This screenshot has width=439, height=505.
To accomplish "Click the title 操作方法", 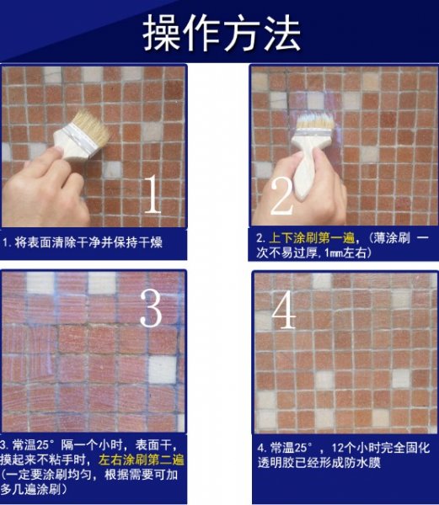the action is coord(222,33).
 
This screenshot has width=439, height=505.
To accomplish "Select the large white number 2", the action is coord(281,196).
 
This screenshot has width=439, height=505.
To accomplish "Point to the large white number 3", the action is coord(151,308).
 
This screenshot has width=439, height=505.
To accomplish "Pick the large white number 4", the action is coord(284,310).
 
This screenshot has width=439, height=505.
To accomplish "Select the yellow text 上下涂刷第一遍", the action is coord(312,238).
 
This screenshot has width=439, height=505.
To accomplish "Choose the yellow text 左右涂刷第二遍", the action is coord(142,460).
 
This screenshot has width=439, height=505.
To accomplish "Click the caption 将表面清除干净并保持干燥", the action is coord(88,242).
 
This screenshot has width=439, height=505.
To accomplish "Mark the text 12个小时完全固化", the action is coord(381,448).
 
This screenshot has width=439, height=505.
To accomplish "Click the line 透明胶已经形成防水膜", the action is coord(319,463).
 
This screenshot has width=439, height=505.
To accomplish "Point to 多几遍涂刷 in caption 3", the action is coord(30,490).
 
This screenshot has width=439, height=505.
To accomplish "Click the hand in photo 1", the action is coord(44,189).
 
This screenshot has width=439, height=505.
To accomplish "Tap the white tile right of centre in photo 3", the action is coord(163,369).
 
